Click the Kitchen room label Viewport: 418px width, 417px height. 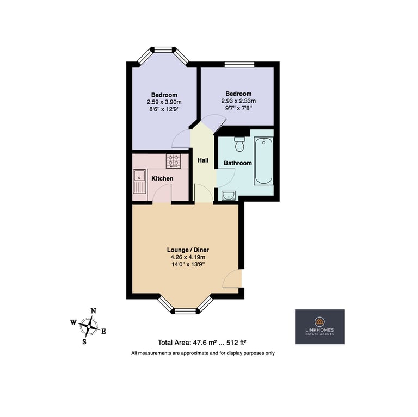[x=162, y=178]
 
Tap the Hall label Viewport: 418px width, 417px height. [x=203, y=160]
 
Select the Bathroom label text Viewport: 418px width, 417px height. [x=237, y=163]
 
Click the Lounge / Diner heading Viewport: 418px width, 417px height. [x=188, y=250]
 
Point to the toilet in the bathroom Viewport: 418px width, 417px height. [x=239, y=144]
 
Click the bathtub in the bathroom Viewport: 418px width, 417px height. [x=263, y=161]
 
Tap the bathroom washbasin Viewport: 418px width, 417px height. [x=228, y=196]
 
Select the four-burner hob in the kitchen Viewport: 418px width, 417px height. [x=173, y=161]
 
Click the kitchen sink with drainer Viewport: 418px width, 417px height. [x=140, y=182]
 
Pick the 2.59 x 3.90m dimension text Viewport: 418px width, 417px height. [x=164, y=102]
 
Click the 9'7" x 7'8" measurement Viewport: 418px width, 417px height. [x=238, y=108]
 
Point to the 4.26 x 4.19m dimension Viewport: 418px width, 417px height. [x=188, y=257]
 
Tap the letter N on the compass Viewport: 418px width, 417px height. [x=94, y=311]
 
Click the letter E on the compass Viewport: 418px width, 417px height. [x=104, y=331]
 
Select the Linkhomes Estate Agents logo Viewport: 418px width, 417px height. [x=319, y=327]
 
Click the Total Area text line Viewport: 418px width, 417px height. [x=202, y=343]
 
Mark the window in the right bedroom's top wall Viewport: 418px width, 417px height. [x=239, y=64]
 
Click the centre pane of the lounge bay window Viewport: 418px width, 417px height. [x=186, y=312]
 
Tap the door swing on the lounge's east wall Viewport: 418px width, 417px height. [x=231, y=278]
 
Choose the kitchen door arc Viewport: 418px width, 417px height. [x=162, y=195]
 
